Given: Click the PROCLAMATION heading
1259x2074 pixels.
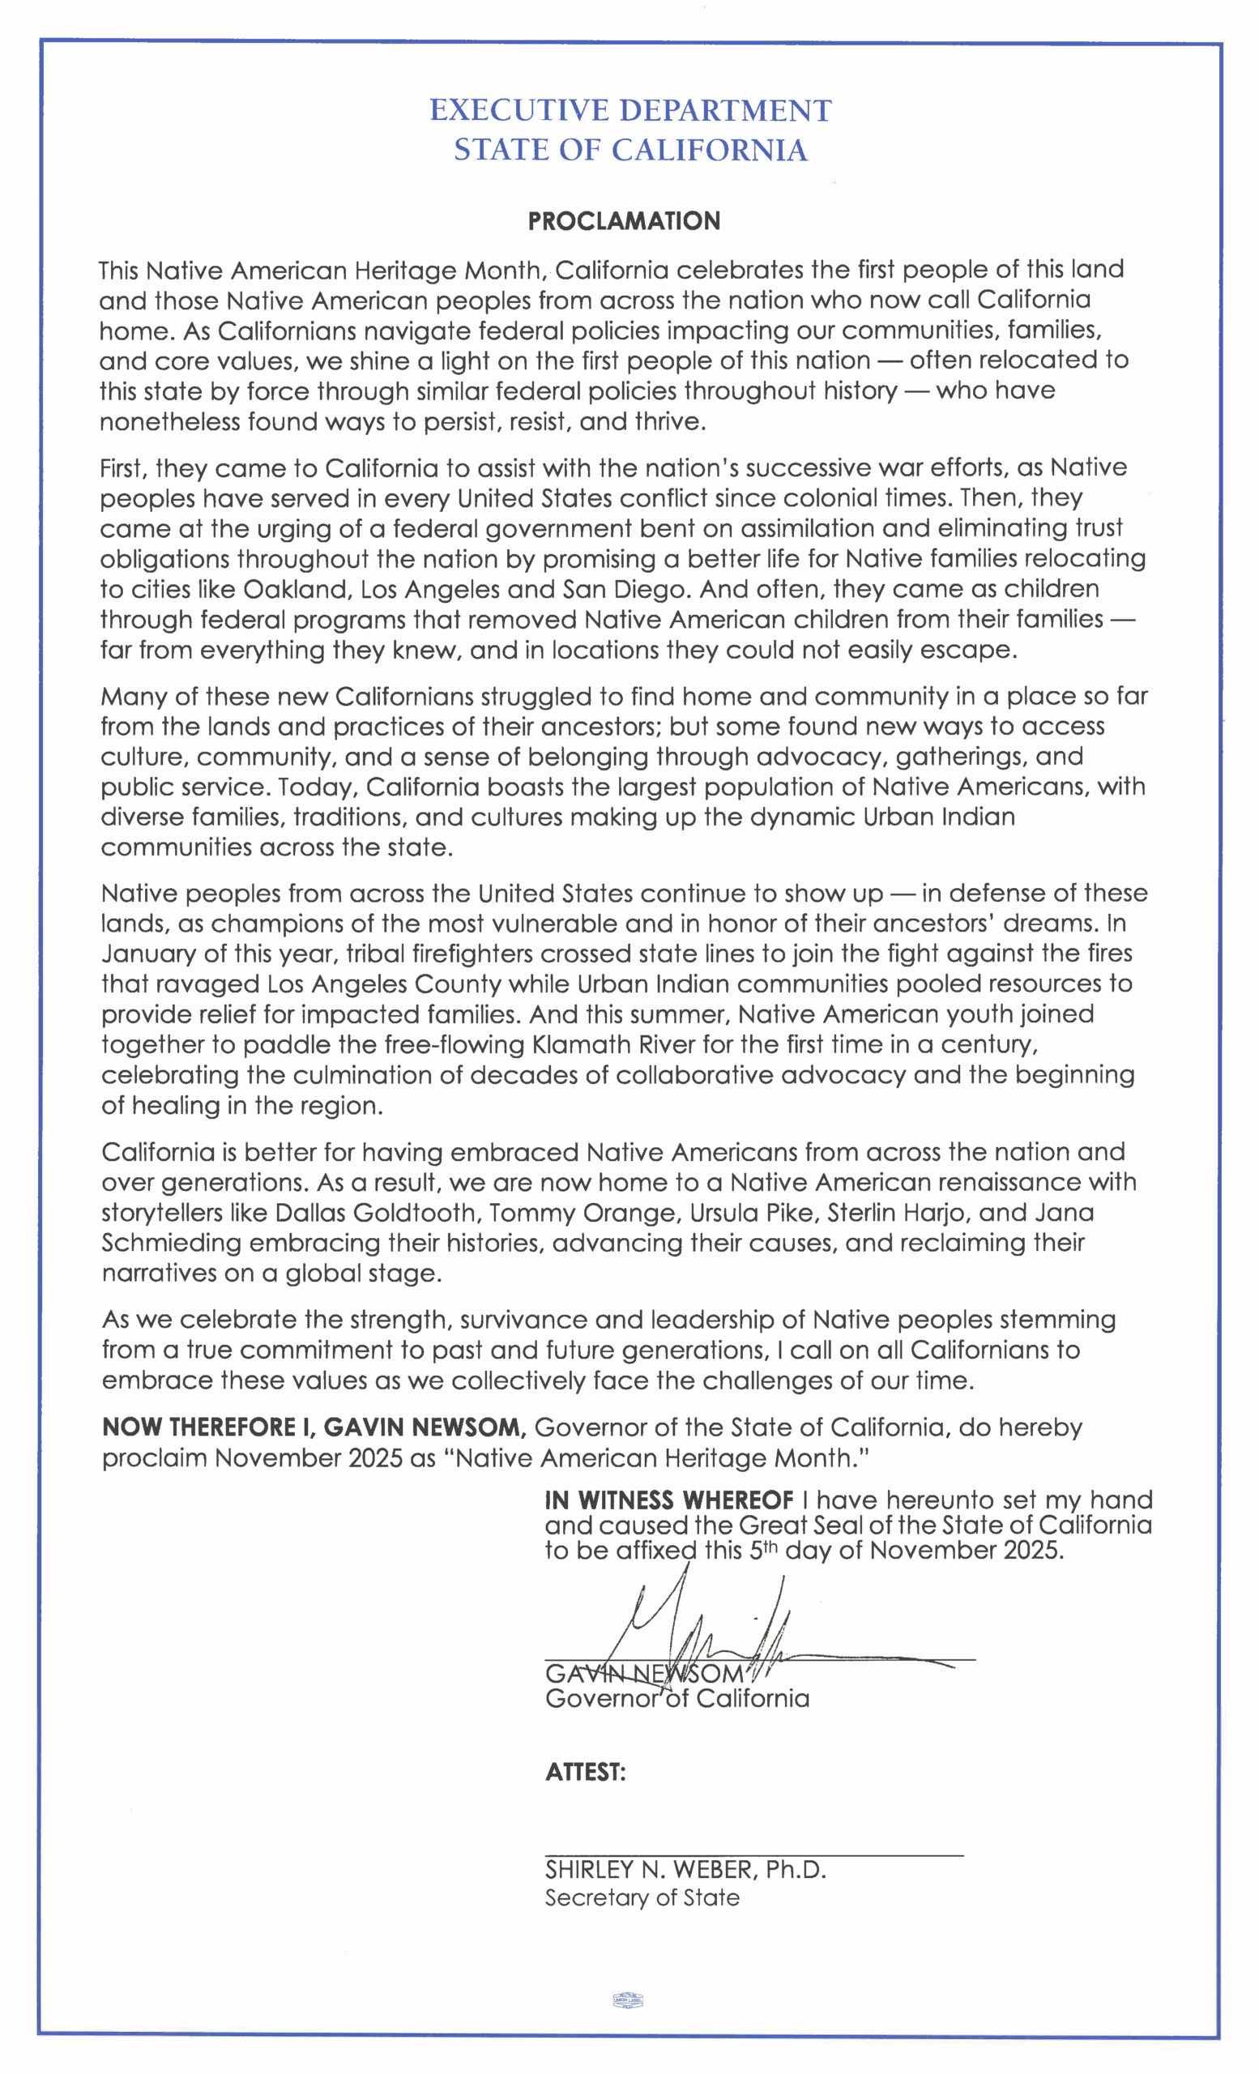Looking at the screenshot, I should tap(624, 221).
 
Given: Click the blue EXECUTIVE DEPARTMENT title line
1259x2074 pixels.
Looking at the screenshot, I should tap(630, 111).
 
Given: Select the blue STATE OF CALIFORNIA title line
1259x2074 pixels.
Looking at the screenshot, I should tap(630, 151).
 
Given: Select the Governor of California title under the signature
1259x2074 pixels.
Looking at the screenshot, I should tap(676, 1699).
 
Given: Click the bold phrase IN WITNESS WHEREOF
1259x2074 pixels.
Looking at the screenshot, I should tap(669, 1500).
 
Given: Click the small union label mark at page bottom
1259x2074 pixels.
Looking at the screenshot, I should tap(628, 2001).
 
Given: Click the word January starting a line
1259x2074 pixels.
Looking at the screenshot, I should tap(149, 954).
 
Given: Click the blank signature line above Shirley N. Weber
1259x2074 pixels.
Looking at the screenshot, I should tap(753, 1854).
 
